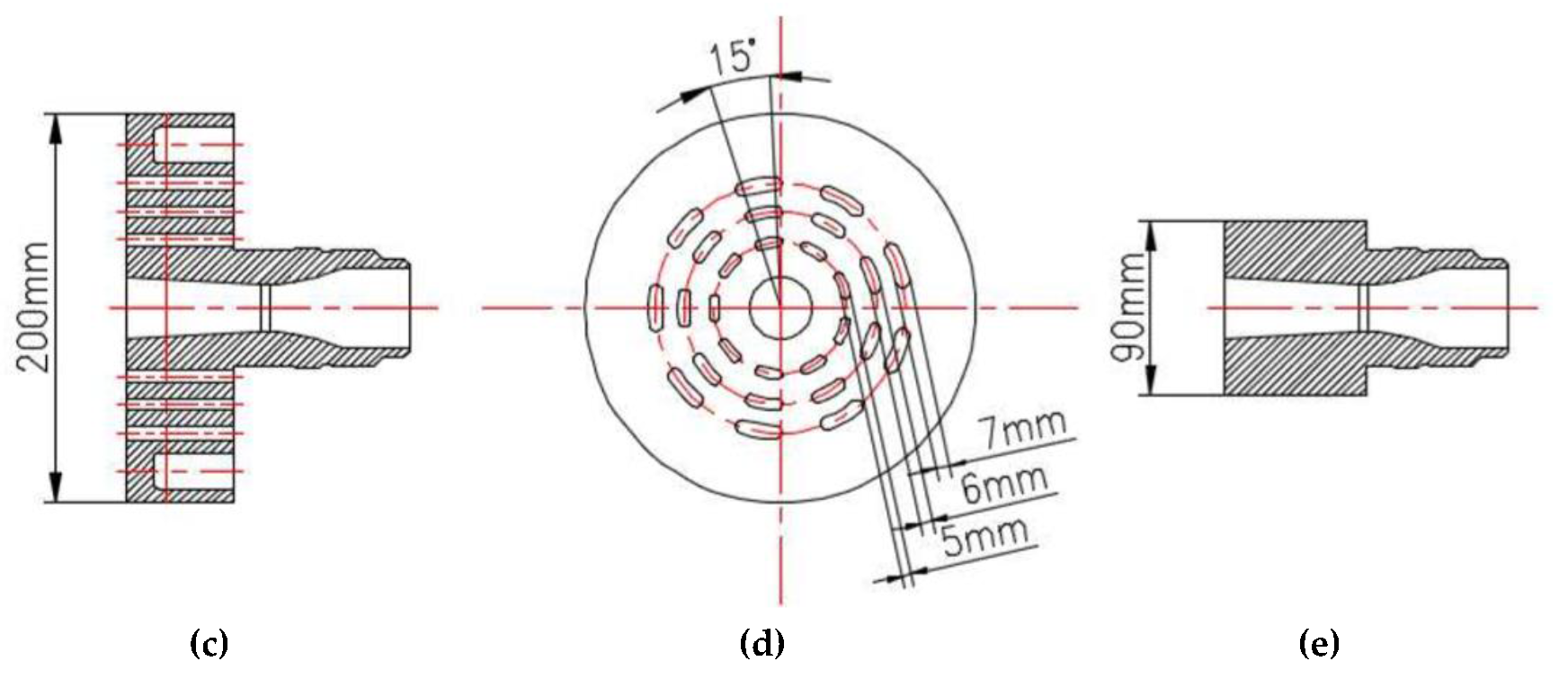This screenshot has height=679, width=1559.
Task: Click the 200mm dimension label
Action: (x=35, y=308)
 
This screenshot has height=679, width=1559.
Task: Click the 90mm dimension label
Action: (x=1127, y=308)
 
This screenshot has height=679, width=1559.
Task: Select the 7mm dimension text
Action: (x=1024, y=429)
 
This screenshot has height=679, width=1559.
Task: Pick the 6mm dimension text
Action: (x=1004, y=484)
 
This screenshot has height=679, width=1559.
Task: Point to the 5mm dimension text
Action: (x=984, y=537)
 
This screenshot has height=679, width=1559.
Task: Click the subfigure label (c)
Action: (x=210, y=644)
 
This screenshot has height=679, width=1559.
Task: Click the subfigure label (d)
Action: (x=762, y=644)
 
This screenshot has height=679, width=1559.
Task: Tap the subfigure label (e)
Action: (x=1319, y=644)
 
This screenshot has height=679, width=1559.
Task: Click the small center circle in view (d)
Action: (x=780, y=308)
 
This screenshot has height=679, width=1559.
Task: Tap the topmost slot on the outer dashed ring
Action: (x=758, y=185)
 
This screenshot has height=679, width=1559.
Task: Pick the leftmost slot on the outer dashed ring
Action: (x=654, y=306)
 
